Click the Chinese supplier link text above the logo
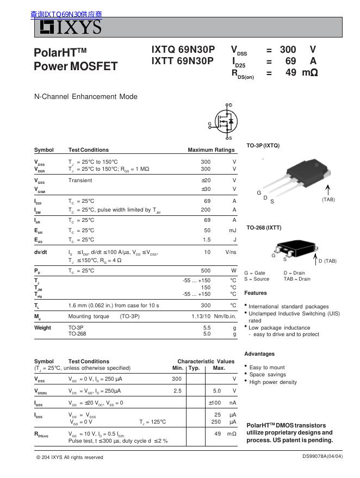tap(66, 15)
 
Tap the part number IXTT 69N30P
tap(183, 61)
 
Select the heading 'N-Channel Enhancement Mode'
tap(86, 97)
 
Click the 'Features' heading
tap(256, 293)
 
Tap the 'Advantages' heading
tap(259, 354)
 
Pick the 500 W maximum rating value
tap(206, 270)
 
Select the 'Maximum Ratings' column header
tap(211, 150)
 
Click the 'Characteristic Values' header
tap(206, 361)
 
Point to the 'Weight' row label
tap(42, 328)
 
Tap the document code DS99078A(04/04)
tap(322, 456)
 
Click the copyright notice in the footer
tap(69, 457)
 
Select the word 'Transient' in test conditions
tap(80, 181)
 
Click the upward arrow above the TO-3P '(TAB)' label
tap(328, 189)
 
